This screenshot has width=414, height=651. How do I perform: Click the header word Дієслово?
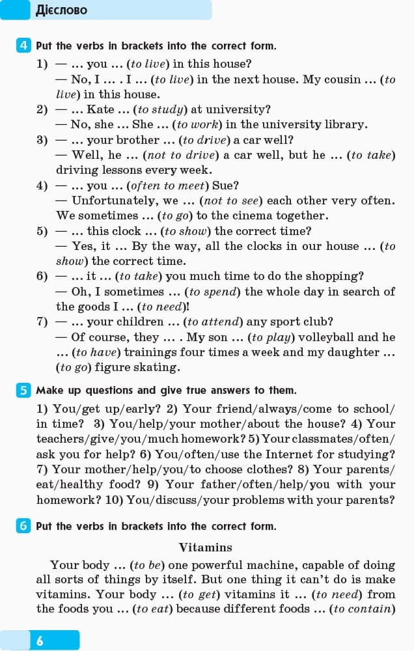(x=61, y=10)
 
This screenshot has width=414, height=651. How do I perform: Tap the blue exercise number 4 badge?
(x=23, y=46)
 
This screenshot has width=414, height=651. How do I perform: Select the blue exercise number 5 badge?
(x=23, y=390)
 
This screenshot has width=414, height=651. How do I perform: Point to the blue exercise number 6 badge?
(x=23, y=526)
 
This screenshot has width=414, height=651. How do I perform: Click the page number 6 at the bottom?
(x=40, y=641)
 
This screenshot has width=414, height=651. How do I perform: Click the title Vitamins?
(x=205, y=547)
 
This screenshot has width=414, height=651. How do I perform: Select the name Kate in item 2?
(x=100, y=109)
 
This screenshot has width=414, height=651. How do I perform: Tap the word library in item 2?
(x=344, y=124)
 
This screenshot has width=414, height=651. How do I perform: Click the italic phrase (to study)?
(x=162, y=109)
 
